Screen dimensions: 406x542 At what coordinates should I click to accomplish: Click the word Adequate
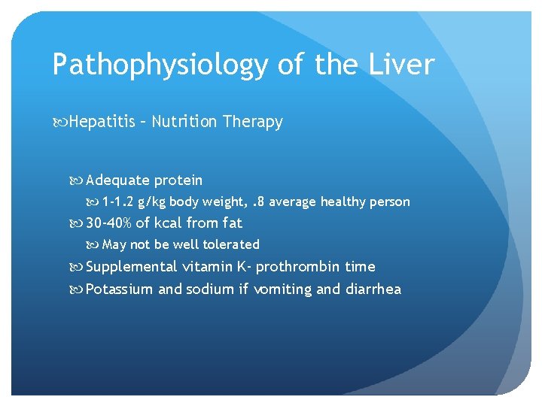[x=117, y=180]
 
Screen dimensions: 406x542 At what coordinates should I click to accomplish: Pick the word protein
[x=178, y=180]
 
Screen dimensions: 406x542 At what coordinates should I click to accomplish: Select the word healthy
[x=342, y=201]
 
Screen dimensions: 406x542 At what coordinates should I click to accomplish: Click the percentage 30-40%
[x=109, y=223]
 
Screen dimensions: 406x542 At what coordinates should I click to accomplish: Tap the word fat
[x=232, y=223]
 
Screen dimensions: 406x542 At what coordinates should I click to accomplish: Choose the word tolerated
[x=230, y=244]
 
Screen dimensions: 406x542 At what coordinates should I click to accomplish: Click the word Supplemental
[x=132, y=267]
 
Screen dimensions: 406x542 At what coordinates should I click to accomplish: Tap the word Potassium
[x=120, y=289]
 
